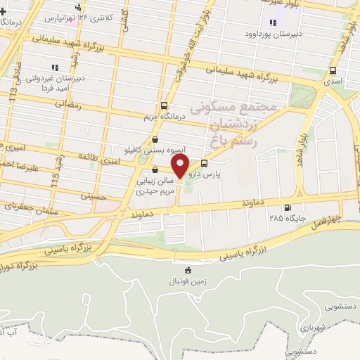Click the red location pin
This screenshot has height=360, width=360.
(180, 167)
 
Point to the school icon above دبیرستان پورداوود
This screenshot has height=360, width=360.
(273, 22)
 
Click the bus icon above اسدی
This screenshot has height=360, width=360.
(332, 70)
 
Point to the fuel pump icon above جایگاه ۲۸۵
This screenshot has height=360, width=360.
(287, 207)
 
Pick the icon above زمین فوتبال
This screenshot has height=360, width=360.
(187, 270)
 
